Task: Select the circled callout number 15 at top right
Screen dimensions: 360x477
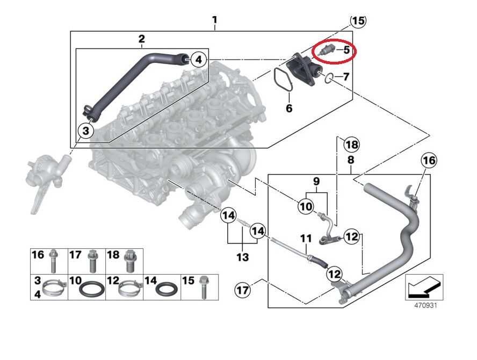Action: (x=358, y=21)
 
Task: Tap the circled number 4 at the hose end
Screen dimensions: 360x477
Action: (x=198, y=59)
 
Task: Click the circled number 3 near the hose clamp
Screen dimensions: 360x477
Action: (x=86, y=129)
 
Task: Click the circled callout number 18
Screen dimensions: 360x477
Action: (x=352, y=145)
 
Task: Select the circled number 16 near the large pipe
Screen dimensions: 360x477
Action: (x=429, y=160)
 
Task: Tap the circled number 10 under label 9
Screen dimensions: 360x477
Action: (x=305, y=206)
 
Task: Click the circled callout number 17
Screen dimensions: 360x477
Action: (x=243, y=291)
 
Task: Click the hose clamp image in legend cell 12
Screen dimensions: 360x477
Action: (x=130, y=291)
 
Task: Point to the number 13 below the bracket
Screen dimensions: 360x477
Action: (x=243, y=257)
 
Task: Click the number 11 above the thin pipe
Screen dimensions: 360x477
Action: (x=306, y=238)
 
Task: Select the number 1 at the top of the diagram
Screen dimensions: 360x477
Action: (x=214, y=21)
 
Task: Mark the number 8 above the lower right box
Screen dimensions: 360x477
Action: (x=350, y=160)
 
